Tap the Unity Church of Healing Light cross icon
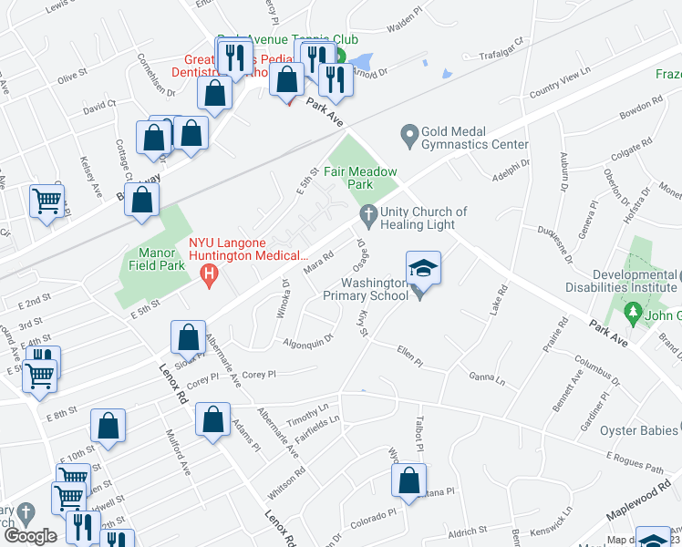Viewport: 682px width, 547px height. tap(368, 216)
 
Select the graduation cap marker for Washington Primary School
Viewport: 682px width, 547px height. tap(423, 268)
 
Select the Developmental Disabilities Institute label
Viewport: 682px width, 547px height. tap(635, 281)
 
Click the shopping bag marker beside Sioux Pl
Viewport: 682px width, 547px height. tap(188, 337)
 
